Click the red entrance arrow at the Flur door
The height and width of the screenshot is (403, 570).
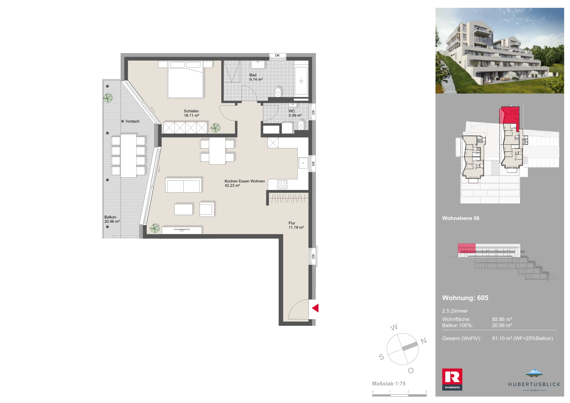pyautogui.click(x=316, y=308)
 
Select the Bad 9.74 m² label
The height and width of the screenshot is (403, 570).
pyautogui.click(x=256, y=77)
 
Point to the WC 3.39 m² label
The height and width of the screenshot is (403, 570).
pyautogui.click(x=295, y=113)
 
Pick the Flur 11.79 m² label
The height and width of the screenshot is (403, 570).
pyautogui.click(x=296, y=225)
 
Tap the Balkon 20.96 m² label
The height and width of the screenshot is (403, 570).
pyautogui.click(x=112, y=219)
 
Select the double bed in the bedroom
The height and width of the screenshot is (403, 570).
pyautogui.click(x=185, y=80)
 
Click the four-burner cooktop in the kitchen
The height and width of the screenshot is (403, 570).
pyautogui.click(x=282, y=185)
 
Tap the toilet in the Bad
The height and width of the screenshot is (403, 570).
pyautogui.click(x=278, y=92)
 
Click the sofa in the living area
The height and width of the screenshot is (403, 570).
pyautogui.click(x=183, y=185)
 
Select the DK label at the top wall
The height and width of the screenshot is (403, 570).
pyautogui.click(x=277, y=55)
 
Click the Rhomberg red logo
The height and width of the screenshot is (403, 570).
pyautogui.click(x=452, y=379)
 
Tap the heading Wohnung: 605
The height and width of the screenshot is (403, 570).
pyautogui.click(x=465, y=298)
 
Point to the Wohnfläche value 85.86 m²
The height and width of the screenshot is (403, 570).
pyautogui.click(x=502, y=319)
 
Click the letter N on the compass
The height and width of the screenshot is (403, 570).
pyautogui.click(x=424, y=341)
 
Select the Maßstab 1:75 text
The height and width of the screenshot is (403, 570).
pyautogui.click(x=389, y=384)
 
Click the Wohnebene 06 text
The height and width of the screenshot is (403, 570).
pyautogui.click(x=461, y=218)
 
